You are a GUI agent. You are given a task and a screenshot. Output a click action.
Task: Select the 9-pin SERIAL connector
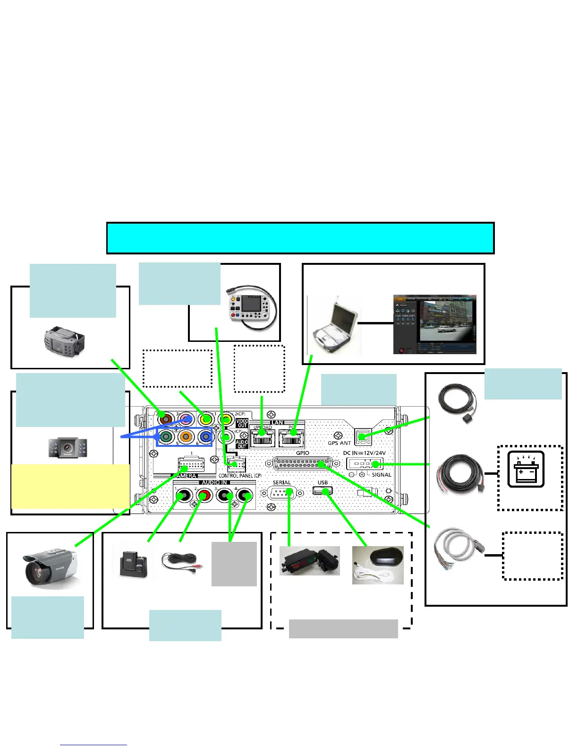pyautogui.click(x=282, y=493)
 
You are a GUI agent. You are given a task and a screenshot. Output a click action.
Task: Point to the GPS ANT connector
pyautogui.click(x=363, y=437)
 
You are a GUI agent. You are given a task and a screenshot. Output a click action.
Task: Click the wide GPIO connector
pyautogui.click(x=302, y=464)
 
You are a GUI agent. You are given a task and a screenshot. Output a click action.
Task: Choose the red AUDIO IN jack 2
pyautogui.click(x=204, y=496)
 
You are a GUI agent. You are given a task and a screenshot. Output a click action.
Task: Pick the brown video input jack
pyautogui.click(x=165, y=419)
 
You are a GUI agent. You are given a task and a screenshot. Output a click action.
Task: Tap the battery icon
pyautogui.click(x=526, y=470)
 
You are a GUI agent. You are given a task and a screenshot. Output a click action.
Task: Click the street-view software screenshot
pyautogui.click(x=434, y=325)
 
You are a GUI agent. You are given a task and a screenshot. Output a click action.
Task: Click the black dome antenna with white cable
pyautogui.click(x=378, y=565)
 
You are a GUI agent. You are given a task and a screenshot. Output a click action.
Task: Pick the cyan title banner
pyautogui.click(x=300, y=238)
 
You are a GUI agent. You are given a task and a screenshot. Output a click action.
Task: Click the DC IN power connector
pyautogui.click(x=365, y=464)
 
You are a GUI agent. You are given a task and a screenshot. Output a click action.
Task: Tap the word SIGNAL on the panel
pyautogui.click(x=381, y=475)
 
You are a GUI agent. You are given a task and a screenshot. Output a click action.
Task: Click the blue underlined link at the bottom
pyautogui.click(x=93, y=745)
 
